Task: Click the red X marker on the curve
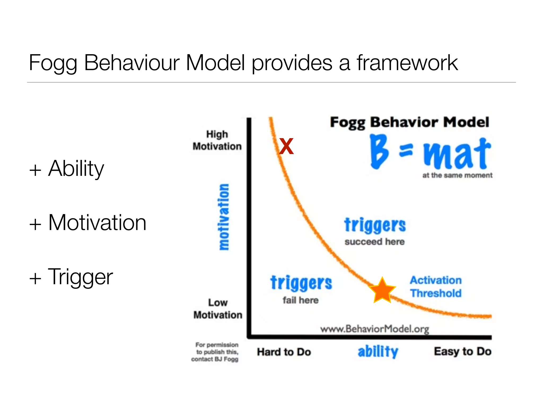286,146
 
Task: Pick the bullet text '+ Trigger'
71,277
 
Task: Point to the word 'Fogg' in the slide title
53,63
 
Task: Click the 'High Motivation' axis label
217,140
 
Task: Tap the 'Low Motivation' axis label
218,309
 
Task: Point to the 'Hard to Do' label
284,352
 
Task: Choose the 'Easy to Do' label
463,351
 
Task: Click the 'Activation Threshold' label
436,287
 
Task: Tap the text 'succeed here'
375,242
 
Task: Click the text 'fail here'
300,300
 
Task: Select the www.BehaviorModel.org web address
375,329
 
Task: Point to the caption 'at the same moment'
457,175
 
